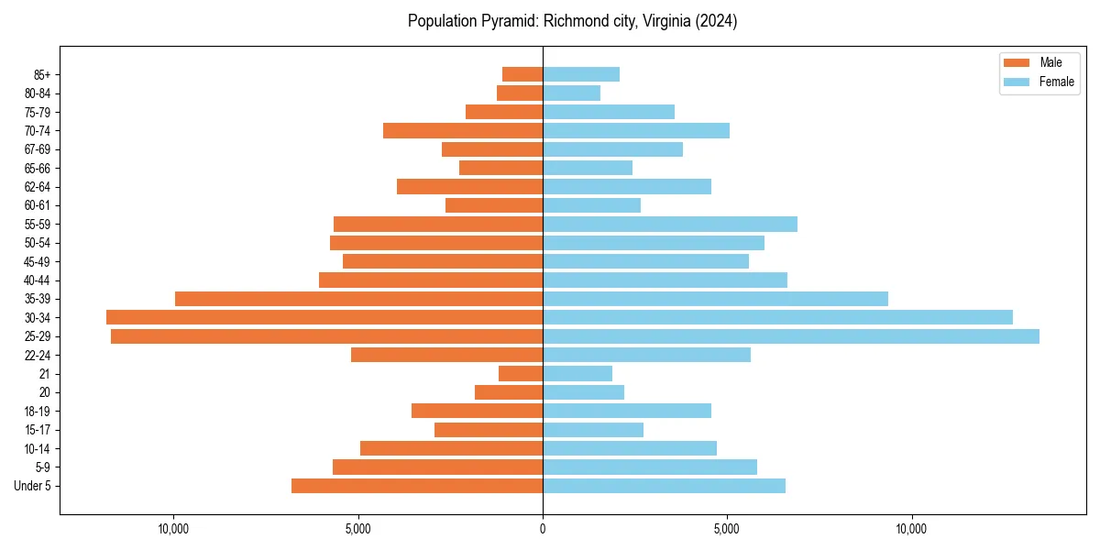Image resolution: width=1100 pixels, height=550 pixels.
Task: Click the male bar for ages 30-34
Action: coord(324,317)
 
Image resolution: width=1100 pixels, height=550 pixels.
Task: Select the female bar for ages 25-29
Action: coord(791,336)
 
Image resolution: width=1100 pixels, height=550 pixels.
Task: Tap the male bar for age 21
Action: coord(521,374)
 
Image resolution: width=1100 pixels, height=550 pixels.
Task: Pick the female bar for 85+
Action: coord(581,74)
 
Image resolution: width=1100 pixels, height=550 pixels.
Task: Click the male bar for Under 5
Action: coord(417,486)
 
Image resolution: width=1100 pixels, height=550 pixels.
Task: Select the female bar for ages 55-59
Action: coord(670,225)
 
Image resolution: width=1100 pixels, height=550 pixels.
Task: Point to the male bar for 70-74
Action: coord(463,131)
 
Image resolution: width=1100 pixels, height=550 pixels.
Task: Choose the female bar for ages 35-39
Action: coord(715,299)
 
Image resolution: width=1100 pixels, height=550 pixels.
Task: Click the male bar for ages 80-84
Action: coord(520,93)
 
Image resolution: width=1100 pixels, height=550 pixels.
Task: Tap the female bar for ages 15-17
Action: coord(593,430)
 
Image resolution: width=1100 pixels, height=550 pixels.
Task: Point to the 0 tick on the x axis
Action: coord(543,529)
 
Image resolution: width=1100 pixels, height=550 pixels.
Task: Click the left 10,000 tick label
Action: coord(173,529)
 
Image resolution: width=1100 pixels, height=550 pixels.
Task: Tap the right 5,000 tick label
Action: coord(727,529)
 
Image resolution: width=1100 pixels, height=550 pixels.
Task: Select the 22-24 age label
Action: coord(37,356)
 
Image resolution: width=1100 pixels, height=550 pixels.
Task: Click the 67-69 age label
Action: coord(37,149)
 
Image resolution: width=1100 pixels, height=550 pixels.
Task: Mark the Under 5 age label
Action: coord(33,486)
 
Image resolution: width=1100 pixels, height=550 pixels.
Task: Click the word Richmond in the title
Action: coord(575,21)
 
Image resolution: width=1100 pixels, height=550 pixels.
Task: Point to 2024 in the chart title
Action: coord(718,21)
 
